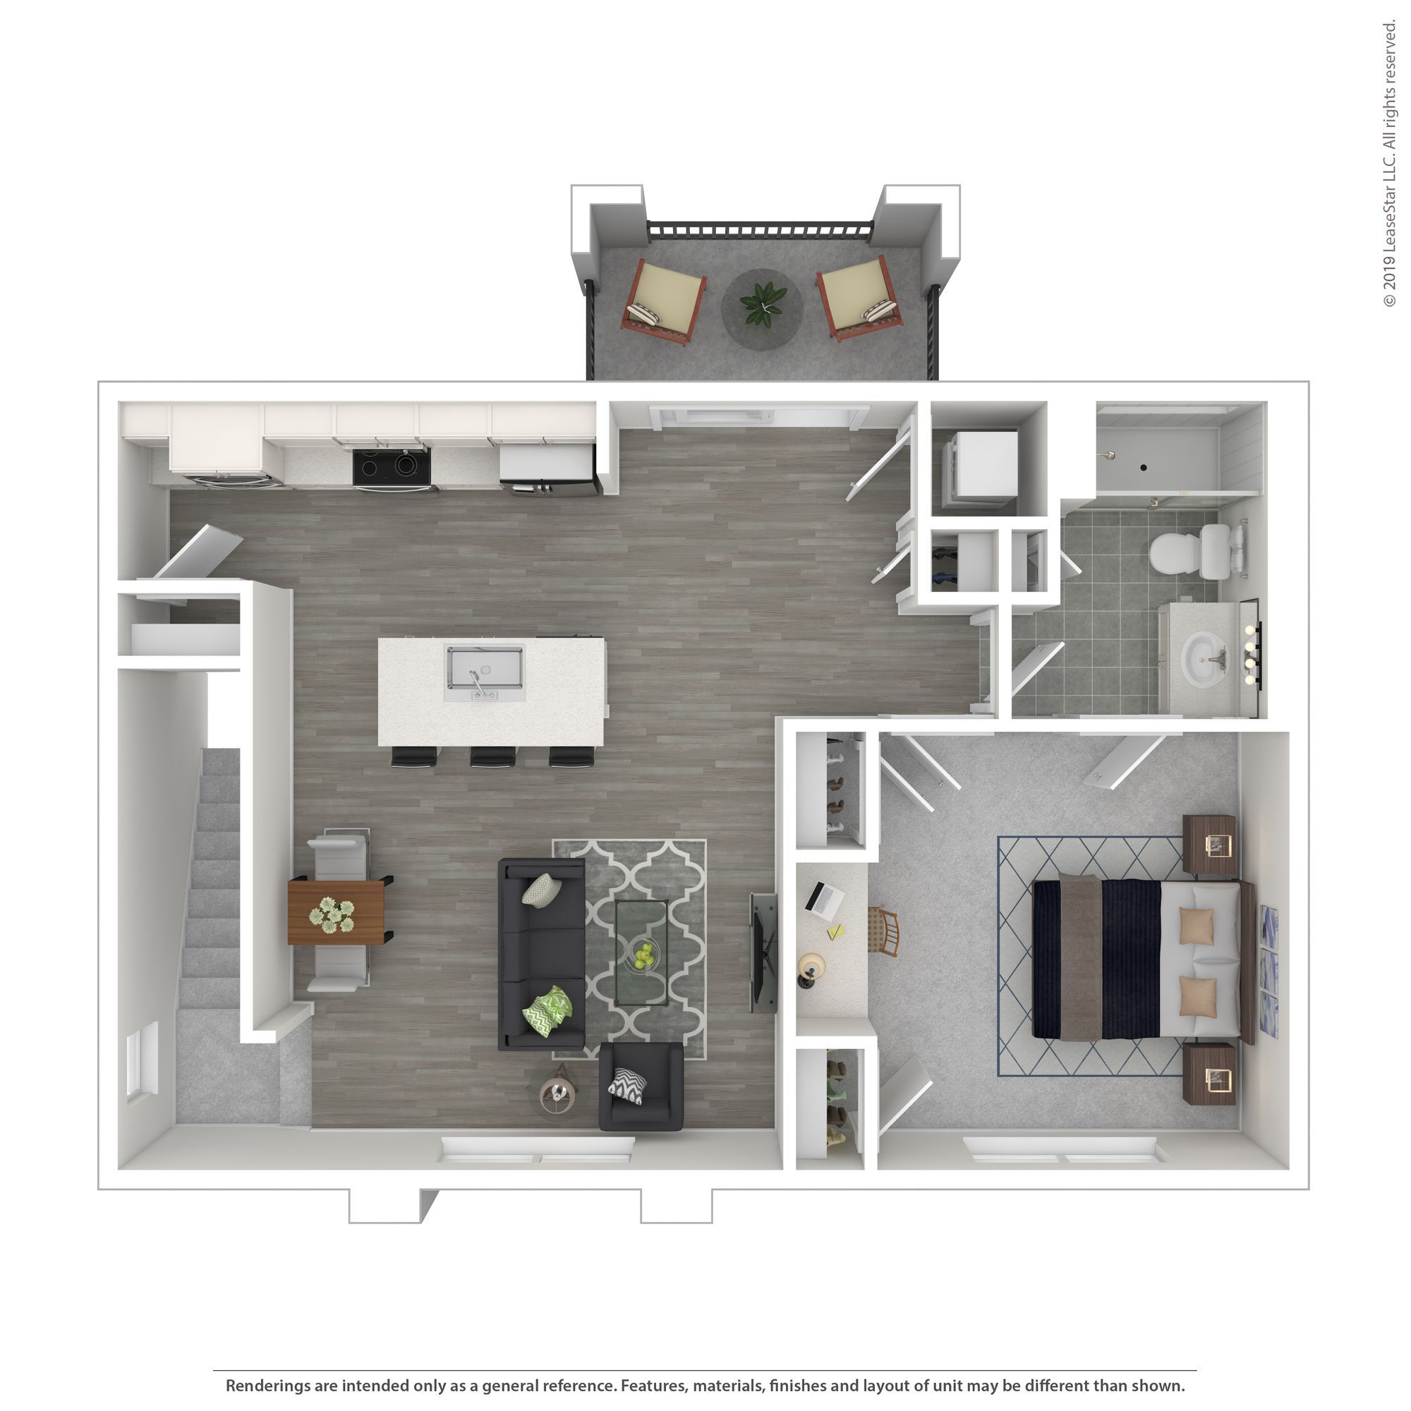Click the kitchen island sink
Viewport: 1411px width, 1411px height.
485,667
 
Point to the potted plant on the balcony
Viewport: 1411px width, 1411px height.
763,303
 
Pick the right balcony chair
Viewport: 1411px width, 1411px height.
859,299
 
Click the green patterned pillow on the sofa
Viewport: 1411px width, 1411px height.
547,1012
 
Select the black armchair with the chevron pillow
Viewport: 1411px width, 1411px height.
641,1086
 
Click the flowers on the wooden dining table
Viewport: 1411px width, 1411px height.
332,914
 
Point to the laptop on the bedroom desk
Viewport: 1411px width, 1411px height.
824,897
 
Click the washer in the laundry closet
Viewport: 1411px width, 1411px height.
981,468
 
